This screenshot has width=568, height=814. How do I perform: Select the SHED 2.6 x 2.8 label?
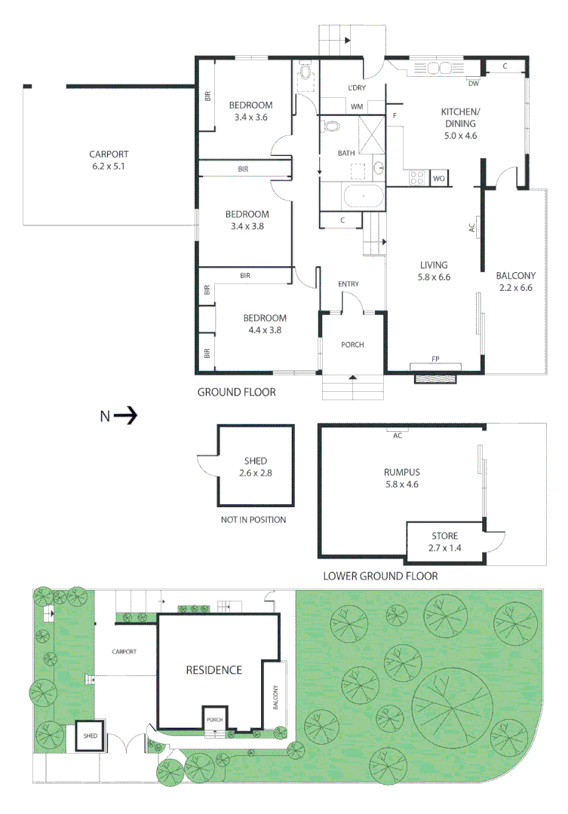[256, 467]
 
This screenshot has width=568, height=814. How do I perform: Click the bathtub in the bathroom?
[363, 198]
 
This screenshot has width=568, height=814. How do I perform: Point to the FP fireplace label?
[435, 359]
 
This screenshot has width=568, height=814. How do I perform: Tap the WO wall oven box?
[438, 179]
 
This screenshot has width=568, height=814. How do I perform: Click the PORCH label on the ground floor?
[352, 344]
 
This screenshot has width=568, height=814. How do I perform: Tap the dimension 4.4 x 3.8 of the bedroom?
[264, 329]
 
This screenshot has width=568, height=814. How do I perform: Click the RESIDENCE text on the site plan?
[214, 669]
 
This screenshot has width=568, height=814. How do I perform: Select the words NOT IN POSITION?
[253, 520]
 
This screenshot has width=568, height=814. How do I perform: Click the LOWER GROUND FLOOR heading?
[380, 577]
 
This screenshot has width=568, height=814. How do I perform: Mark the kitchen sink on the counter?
[440, 68]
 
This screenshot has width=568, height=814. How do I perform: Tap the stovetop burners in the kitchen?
[416, 178]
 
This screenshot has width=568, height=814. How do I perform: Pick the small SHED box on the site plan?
[90, 736]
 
